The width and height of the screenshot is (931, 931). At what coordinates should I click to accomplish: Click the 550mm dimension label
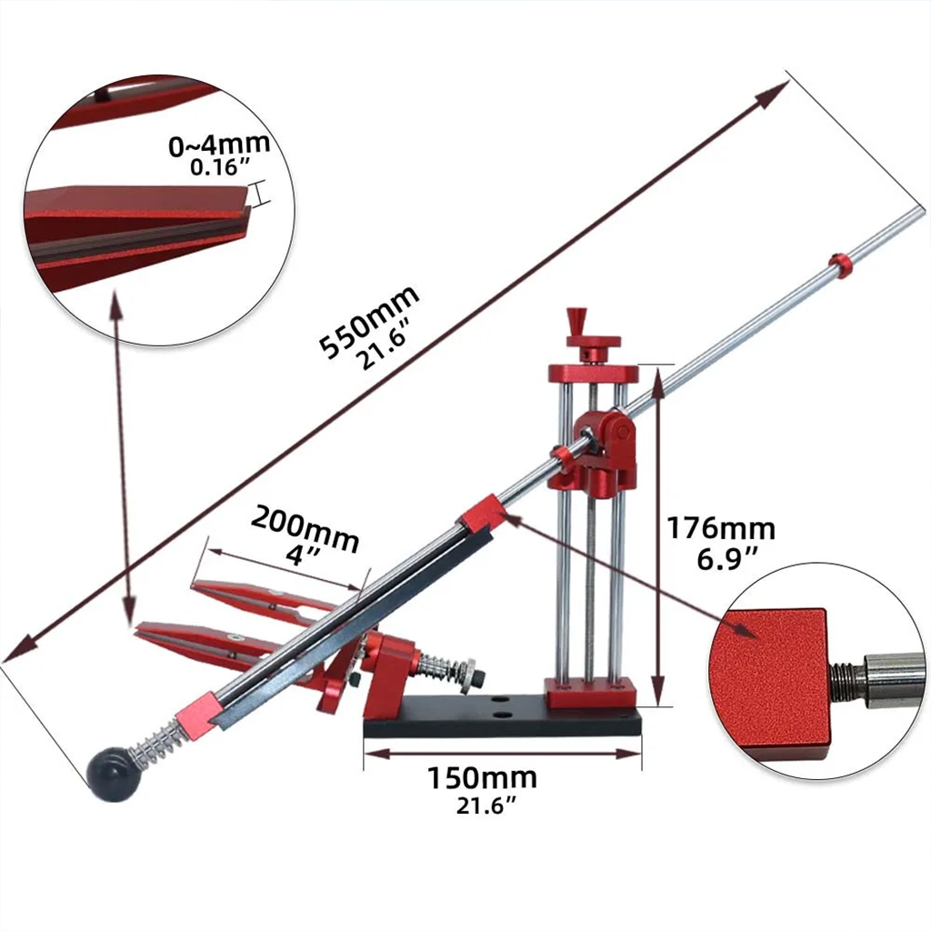coord(367,313)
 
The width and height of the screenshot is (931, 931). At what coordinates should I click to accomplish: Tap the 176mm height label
coord(721,528)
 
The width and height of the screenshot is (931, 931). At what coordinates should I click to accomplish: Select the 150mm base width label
coord(482,778)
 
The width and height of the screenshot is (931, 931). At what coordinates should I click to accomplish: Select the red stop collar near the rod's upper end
coord(840,265)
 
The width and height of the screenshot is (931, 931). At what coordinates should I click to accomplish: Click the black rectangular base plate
coord(501,723)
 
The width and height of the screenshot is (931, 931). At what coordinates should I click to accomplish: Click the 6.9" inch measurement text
coord(727,559)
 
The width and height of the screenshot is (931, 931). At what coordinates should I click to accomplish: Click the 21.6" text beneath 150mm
coord(481,806)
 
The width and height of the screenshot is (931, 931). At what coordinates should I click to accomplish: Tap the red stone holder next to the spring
coord(194,720)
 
